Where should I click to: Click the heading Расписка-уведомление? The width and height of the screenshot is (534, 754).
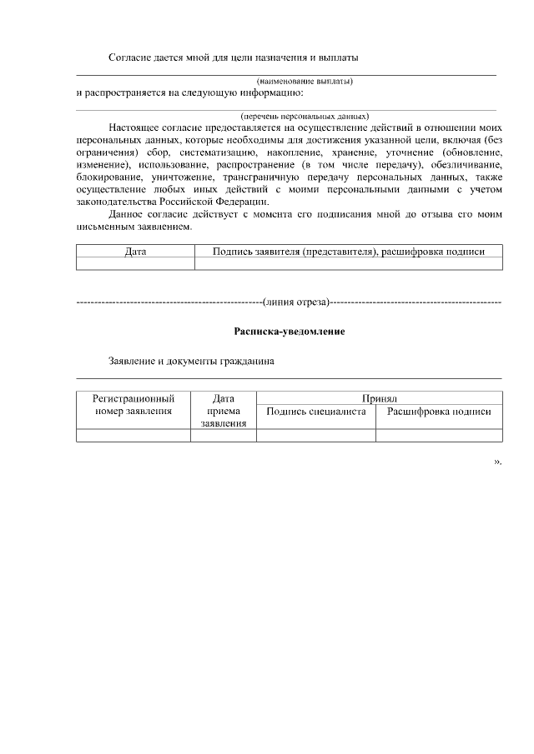(x=290, y=332)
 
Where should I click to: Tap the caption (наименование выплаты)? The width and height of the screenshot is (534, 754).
(x=305, y=81)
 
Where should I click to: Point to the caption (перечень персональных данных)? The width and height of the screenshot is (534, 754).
(x=305, y=116)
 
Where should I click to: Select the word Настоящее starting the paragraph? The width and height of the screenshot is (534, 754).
(x=133, y=129)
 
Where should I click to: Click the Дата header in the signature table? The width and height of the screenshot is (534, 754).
(x=135, y=251)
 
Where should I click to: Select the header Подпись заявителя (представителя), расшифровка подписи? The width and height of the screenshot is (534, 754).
(x=349, y=251)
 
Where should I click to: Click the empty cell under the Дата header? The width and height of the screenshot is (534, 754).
(x=135, y=263)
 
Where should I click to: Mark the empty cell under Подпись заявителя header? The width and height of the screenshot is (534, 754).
(x=349, y=263)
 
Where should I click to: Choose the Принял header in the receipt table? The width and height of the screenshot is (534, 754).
(x=379, y=398)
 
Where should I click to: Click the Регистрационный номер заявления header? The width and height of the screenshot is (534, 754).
(x=133, y=404)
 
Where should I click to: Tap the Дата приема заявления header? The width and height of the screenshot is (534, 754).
(x=223, y=411)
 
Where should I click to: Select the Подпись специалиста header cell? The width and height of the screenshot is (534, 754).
(x=315, y=412)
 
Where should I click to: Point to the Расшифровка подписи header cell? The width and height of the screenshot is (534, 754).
(x=439, y=412)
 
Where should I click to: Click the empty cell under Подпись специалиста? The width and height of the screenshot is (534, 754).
(x=315, y=435)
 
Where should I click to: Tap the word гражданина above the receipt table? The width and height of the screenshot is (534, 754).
(x=244, y=362)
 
